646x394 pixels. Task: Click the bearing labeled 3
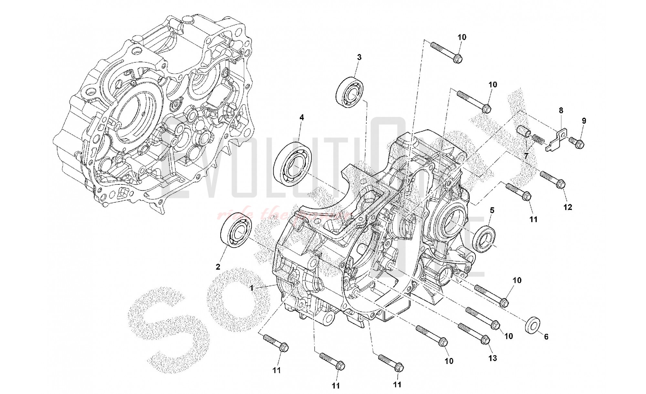pos(350,91)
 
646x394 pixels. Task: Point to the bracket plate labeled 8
pos(556,140)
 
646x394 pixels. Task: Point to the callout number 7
pos(526,156)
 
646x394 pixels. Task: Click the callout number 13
pos(493,358)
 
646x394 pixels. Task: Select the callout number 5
pos(492,211)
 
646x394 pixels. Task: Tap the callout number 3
pos(359,57)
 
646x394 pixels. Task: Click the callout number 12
pos(568,207)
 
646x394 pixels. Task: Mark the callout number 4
pos(301,118)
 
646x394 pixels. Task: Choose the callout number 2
pos(218,267)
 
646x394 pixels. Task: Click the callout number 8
pos(561,110)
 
